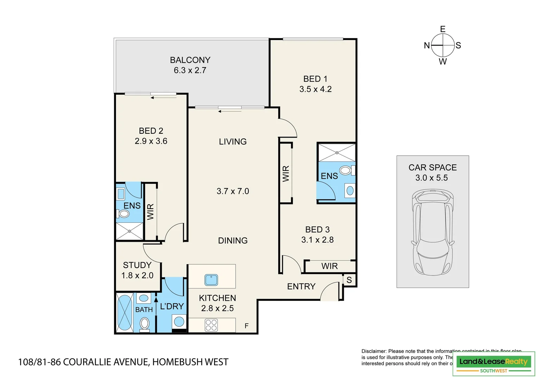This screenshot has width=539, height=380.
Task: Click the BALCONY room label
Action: tap(190, 60)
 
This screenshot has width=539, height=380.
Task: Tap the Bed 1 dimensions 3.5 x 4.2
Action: tap(315, 89)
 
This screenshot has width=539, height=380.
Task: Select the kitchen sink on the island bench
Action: tap(211, 280)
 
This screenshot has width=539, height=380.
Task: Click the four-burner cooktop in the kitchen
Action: tap(211, 325)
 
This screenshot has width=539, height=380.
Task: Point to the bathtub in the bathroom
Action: tap(124, 312)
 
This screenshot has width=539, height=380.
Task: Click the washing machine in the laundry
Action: tap(179, 322)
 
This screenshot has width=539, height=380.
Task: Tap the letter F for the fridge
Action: tap(247, 326)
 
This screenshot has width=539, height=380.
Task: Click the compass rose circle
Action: tap(443, 45)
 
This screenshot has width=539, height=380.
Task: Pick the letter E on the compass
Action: tap(443, 29)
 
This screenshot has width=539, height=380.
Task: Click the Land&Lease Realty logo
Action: tap(494, 364)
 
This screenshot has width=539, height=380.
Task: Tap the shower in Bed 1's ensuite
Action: tap(337, 153)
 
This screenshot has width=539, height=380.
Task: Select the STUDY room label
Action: tap(137, 265)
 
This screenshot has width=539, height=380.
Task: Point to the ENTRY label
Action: tap(301, 286)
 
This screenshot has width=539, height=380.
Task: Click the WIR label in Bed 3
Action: tap(329, 266)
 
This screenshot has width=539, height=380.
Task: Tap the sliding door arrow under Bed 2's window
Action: tap(163, 98)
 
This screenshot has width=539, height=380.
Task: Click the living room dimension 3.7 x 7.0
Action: tap(233, 191)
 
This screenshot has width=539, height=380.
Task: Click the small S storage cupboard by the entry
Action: tap(349, 280)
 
